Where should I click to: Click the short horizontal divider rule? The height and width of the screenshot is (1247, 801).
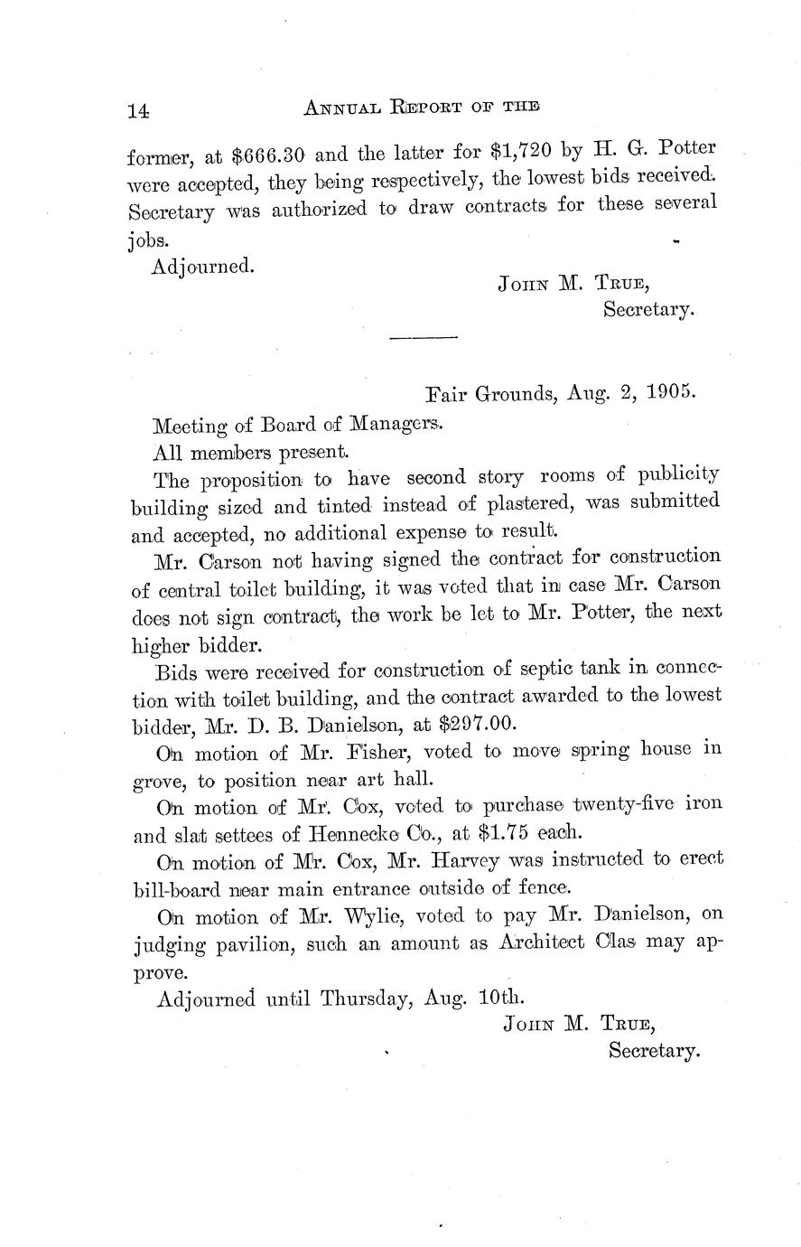coord(423,338)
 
